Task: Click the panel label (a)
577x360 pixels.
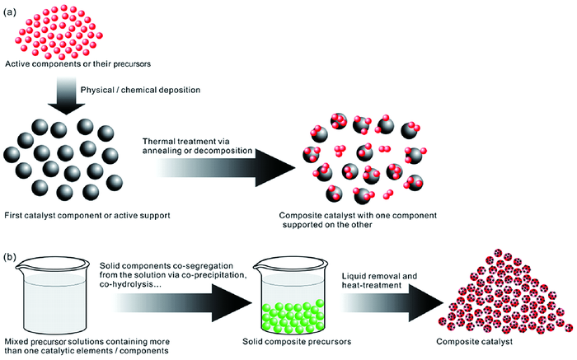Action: coord(10,7)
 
